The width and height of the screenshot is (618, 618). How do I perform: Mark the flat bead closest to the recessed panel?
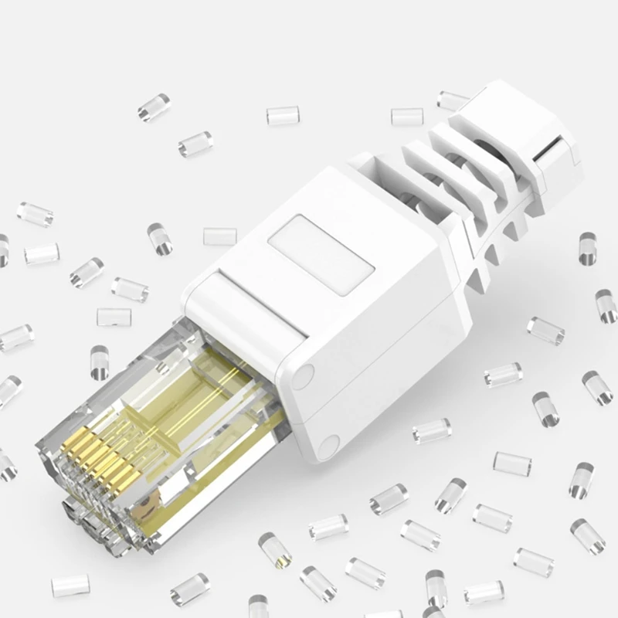pyautogui.click(x=220, y=236)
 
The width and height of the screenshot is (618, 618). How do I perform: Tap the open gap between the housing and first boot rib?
pyautogui.click(x=379, y=166)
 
